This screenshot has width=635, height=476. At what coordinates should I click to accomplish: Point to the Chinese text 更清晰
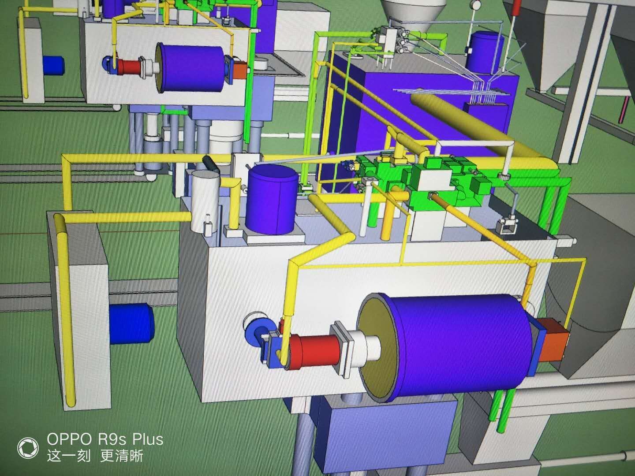[122, 457]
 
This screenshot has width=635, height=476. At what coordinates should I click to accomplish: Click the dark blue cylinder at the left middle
[131, 323]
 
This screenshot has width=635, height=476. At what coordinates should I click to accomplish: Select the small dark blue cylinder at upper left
[53, 66]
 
